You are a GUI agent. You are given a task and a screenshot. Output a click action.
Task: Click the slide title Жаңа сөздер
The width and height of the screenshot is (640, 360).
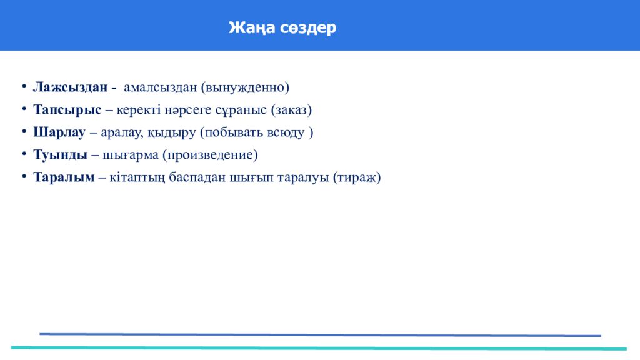click(x=282, y=28)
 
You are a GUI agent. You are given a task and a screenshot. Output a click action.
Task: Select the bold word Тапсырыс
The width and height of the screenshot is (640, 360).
click(x=67, y=109)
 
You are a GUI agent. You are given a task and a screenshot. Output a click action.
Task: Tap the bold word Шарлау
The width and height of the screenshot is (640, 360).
click(x=59, y=132)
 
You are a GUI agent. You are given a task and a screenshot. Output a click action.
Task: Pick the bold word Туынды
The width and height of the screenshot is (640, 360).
click(x=60, y=154)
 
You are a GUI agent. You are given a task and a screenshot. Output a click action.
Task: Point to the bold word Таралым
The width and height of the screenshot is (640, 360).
click(x=64, y=177)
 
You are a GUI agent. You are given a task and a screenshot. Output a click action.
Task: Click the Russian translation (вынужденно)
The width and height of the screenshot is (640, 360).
click(x=245, y=87)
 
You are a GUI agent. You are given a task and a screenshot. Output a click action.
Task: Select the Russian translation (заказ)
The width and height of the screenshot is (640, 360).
click(x=291, y=109)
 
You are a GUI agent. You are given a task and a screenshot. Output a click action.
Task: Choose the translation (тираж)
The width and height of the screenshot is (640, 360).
click(x=357, y=177)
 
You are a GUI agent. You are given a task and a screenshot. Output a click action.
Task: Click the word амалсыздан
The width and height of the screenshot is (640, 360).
click(x=161, y=87)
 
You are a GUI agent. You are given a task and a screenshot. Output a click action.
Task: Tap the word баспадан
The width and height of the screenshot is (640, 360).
click(x=198, y=177)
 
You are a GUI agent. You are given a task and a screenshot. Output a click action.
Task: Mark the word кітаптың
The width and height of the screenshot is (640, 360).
click(x=137, y=177)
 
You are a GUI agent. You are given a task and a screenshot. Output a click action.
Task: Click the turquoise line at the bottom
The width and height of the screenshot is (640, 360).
click(x=319, y=347)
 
